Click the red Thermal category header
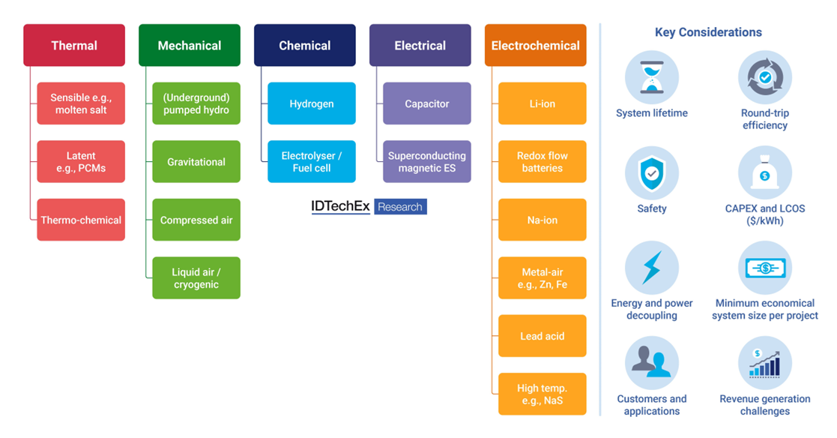(74, 45)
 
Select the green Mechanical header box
(190, 45)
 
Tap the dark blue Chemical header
(305, 45)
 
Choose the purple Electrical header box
(420, 45)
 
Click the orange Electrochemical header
(535, 45)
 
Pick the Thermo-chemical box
(81, 220)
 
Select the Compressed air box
(196, 220)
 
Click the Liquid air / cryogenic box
(196, 278)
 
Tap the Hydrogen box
(312, 103)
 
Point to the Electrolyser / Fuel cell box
(312, 161)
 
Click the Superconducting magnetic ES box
(427, 161)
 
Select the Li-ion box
(542, 103)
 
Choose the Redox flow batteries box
(542, 161)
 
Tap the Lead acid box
(542, 336)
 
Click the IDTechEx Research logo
(369, 207)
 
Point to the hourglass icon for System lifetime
(651, 77)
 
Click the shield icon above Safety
(651, 173)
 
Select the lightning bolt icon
(651, 268)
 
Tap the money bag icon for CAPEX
(764, 173)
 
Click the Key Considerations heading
(708, 32)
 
